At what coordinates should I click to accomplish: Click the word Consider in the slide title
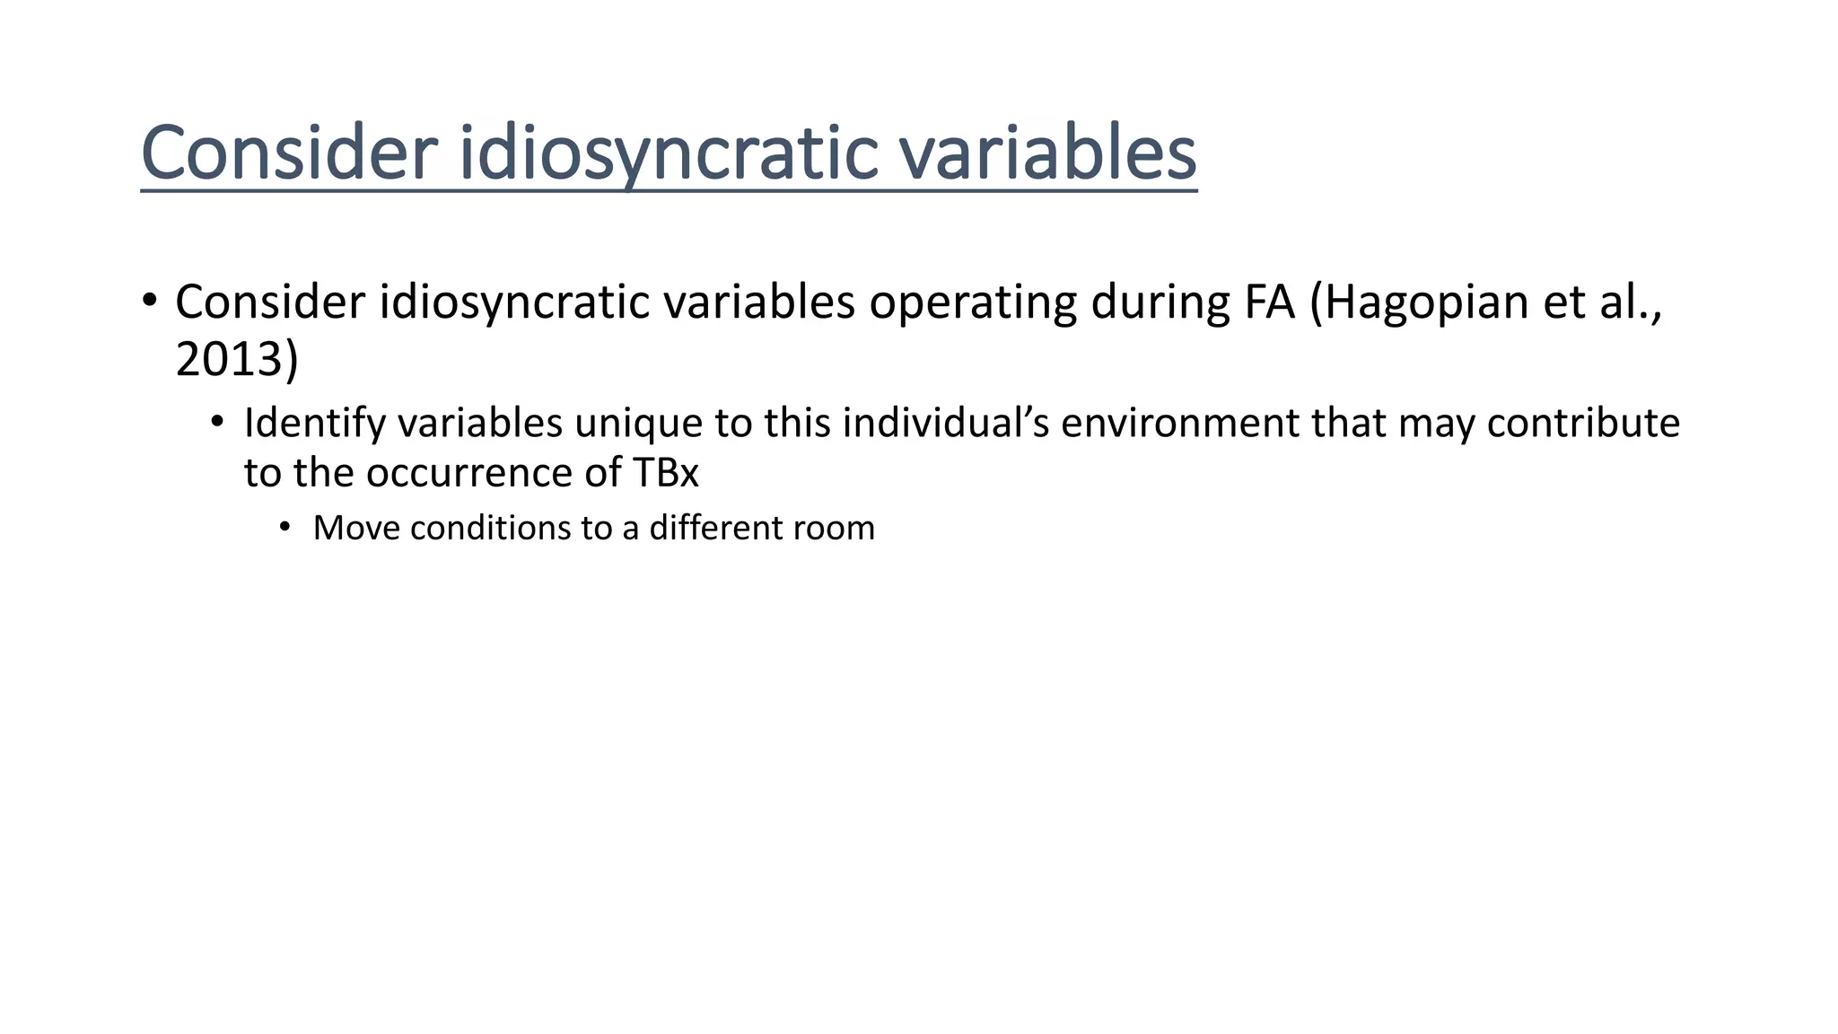pyautogui.click(x=289, y=153)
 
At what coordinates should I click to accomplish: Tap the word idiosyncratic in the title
pyautogui.click(x=670, y=153)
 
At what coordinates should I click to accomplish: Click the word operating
pyautogui.click(x=973, y=302)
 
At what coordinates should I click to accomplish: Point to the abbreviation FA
pyautogui.click(x=1269, y=302)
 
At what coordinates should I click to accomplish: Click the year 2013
pyautogui.click(x=228, y=359)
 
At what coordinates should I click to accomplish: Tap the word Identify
pyautogui.click(x=314, y=424)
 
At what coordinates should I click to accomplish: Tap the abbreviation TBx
pyautogui.click(x=666, y=473)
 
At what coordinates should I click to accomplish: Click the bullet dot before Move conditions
pyautogui.click(x=284, y=527)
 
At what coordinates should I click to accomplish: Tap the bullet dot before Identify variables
pyautogui.click(x=216, y=422)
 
